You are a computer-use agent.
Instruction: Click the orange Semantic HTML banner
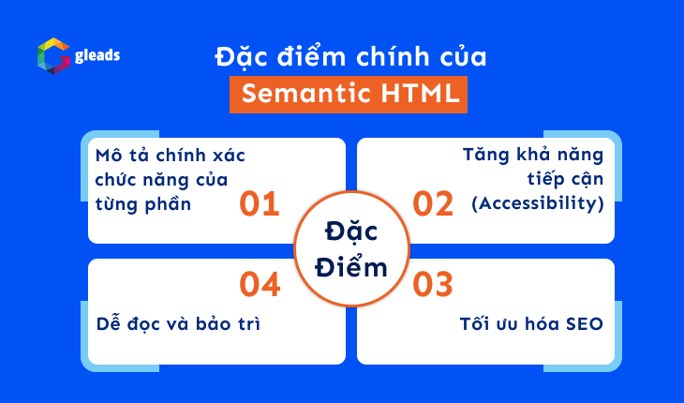[x=349, y=94]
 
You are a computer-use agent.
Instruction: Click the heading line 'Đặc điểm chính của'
[x=349, y=55]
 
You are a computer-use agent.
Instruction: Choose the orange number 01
[x=260, y=204]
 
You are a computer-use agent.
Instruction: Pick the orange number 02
[x=433, y=204]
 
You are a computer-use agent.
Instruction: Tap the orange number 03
[x=433, y=284]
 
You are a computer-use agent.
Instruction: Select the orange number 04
[x=260, y=284]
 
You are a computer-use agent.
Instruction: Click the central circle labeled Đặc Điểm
[x=342, y=248]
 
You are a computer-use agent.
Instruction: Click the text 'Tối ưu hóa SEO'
[x=531, y=324]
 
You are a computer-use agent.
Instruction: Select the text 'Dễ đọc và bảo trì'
[x=178, y=324]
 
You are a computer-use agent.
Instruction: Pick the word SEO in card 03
[x=583, y=324]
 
